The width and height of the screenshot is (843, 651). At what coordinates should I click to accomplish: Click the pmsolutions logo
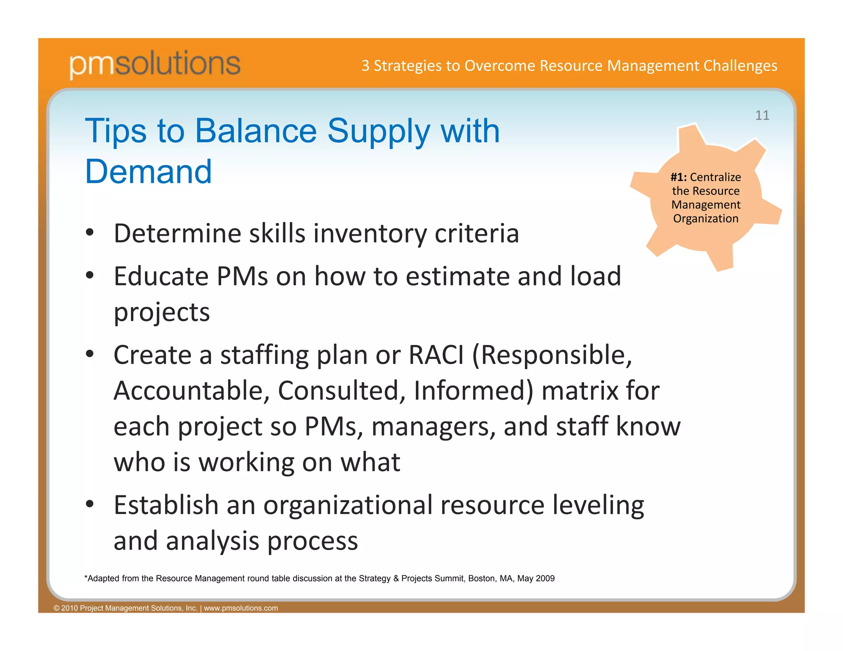(x=155, y=64)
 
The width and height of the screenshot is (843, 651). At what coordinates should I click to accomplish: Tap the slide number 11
(x=762, y=115)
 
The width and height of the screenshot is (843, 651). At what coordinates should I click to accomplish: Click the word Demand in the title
(x=148, y=172)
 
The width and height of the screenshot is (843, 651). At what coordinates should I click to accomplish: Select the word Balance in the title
(x=256, y=131)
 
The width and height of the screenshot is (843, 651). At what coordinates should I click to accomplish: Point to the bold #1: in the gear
(x=678, y=177)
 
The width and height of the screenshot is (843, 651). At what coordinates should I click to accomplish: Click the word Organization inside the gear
(x=706, y=219)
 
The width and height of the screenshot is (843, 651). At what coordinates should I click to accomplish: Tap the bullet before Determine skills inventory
(x=90, y=233)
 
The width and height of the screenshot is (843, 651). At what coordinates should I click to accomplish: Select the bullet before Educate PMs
(x=90, y=275)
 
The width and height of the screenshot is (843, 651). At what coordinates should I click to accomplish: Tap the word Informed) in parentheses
(x=473, y=391)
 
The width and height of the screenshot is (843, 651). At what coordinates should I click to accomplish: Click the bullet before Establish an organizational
(x=90, y=504)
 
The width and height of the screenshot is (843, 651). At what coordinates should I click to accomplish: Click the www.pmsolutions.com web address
(x=241, y=608)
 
